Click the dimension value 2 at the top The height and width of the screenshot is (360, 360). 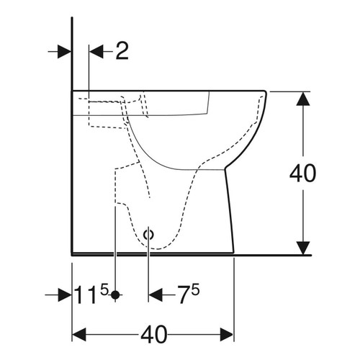pyautogui.click(x=121, y=51)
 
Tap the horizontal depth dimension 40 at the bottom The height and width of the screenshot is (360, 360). pyautogui.click(x=153, y=335)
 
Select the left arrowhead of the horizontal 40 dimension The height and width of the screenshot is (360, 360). pyautogui.click(x=79, y=336)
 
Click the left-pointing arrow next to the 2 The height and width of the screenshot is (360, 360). pyautogui.click(x=96, y=51)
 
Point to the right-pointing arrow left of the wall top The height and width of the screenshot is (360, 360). pyautogui.click(x=63, y=51)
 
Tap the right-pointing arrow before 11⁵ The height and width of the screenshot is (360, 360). pyautogui.click(x=63, y=295)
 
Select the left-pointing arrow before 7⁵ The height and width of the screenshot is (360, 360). pyautogui.click(x=156, y=295)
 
